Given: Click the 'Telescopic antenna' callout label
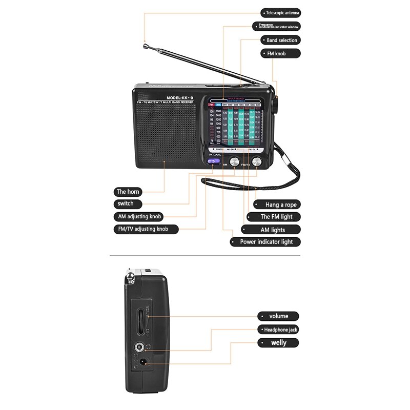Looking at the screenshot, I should click(x=280, y=13).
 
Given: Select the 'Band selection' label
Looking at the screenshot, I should click(x=280, y=40).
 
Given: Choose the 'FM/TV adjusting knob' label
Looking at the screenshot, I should click(x=146, y=229).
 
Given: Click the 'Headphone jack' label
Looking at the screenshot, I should click(x=278, y=330).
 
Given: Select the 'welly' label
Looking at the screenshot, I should click(x=278, y=343).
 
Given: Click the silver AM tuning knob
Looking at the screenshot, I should click(x=235, y=161).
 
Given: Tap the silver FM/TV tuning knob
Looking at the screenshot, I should click(x=256, y=161).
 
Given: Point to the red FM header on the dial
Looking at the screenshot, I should click(x=211, y=105).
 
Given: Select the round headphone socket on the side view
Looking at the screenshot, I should click(x=138, y=348).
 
